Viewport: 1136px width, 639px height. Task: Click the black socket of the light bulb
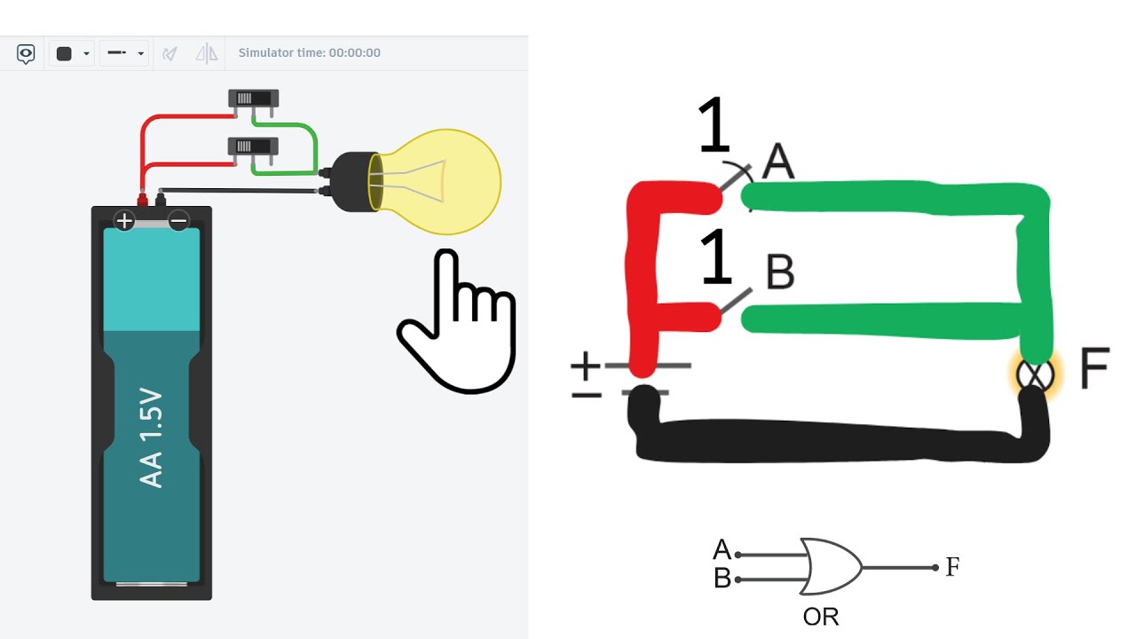coord(351,182)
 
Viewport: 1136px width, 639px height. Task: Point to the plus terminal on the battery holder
coord(124,221)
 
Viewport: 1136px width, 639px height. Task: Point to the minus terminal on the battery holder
coord(178,221)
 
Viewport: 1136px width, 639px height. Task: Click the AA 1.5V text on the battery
coord(151,438)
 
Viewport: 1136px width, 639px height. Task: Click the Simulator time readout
coord(310,52)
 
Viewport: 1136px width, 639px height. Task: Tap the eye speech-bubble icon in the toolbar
coord(26,53)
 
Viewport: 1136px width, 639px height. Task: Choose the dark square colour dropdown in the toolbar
coord(72,53)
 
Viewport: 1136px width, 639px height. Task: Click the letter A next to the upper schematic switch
coord(778,161)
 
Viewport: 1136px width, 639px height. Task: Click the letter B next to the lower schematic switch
coord(780,271)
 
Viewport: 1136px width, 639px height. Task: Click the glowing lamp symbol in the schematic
coord(1035,375)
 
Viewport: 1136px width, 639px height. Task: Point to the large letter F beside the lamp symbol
coord(1094,367)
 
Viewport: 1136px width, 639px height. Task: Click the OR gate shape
coord(830,566)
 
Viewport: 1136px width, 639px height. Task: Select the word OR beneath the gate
coord(821,617)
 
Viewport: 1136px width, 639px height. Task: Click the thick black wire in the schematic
coord(837,440)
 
